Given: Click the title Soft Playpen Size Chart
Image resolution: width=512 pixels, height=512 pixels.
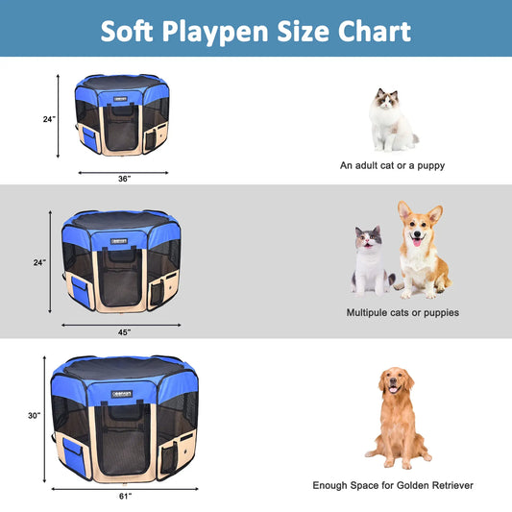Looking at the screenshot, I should pos(256,30).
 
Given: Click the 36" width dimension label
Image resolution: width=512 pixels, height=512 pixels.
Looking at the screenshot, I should pos(124,179).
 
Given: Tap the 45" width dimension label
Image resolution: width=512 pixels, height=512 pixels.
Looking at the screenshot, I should pos(124,333).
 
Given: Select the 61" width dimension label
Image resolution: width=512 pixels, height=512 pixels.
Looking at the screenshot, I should pos(124,496).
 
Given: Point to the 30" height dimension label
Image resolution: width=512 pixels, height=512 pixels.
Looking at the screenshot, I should pos(35,416).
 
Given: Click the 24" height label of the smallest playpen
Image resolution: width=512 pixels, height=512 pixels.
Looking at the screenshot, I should pos(48,119).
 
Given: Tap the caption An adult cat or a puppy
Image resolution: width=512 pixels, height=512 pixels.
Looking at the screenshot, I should pos(392,165).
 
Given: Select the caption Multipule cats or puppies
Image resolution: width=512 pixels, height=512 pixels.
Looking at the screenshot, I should pos(402,312).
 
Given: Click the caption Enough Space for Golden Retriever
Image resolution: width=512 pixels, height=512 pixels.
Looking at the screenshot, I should pos(392,485).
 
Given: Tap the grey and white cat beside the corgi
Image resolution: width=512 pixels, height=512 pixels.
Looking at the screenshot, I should pos(371,259).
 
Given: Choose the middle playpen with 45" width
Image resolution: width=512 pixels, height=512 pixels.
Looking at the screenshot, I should pos(122,261).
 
